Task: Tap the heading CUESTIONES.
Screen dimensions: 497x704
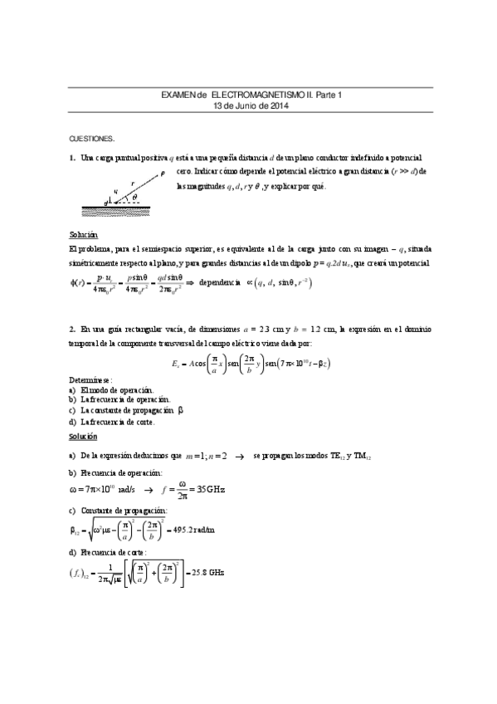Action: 91,139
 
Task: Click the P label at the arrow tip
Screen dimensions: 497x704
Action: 163,173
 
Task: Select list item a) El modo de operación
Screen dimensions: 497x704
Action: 111,389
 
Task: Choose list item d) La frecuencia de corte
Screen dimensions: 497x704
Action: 112,422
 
